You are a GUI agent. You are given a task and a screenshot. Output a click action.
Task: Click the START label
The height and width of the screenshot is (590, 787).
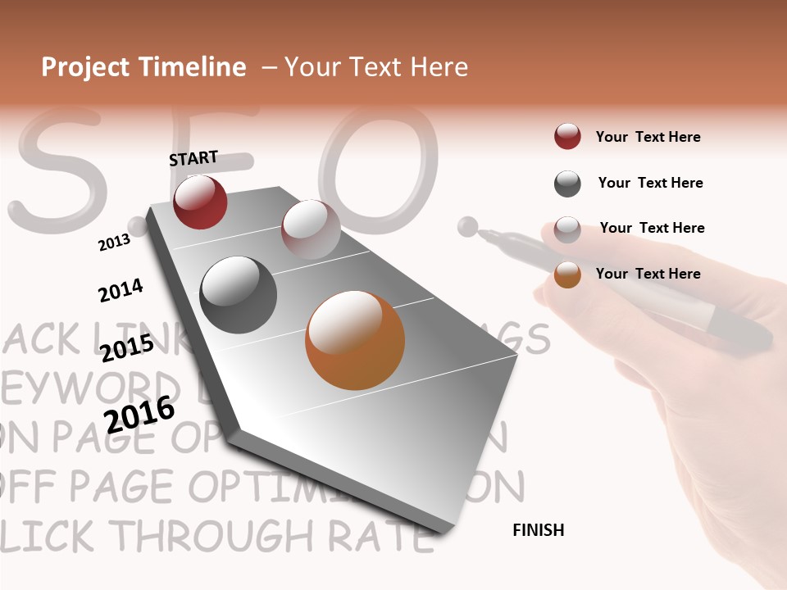pos(193,158)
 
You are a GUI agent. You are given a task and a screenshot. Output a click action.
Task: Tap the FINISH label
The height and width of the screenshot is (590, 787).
pos(538,530)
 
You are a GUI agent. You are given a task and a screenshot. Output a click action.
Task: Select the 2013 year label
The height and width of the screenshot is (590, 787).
pos(114,242)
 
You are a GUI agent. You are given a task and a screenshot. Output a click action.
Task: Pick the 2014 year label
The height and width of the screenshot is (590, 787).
pos(121,290)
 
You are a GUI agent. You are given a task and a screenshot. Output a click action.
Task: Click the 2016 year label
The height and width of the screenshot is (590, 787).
pos(139,415)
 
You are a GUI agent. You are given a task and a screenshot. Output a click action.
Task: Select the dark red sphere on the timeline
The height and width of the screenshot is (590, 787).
pos(200,202)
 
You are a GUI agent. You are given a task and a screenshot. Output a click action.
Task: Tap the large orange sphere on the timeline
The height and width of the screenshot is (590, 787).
pos(355,340)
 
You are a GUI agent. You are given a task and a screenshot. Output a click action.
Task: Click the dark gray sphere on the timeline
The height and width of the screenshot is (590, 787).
pos(238,295)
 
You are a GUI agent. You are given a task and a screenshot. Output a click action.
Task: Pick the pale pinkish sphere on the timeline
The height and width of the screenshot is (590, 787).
pos(311,229)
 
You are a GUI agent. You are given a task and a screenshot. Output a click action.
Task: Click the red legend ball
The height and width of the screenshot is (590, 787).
pos(567,137)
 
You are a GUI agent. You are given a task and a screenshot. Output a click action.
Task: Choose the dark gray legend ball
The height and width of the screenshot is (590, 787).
pos(567,184)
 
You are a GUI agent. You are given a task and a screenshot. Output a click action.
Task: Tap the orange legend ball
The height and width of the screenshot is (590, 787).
pos(567,275)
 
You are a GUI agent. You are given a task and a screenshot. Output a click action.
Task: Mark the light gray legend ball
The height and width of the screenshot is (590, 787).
pos(567,229)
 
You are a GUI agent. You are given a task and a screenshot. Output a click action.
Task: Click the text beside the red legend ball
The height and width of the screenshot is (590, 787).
pos(648,137)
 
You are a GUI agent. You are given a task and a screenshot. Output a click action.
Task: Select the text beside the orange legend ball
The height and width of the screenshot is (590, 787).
pos(648,274)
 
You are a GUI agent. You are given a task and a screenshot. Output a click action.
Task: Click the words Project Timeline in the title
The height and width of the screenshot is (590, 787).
pos(143,67)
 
